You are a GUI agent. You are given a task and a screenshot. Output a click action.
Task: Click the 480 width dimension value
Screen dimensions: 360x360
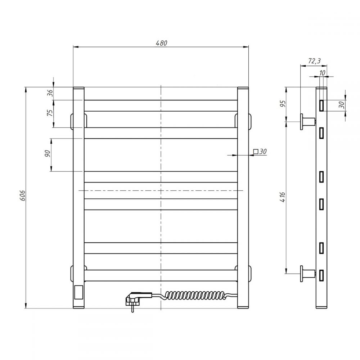(161, 43)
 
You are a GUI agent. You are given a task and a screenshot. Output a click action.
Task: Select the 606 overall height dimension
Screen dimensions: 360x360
(23, 195)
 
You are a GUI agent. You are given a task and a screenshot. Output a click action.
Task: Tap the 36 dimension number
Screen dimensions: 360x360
(50, 93)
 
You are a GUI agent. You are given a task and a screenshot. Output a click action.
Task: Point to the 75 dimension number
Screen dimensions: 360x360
(50, 113)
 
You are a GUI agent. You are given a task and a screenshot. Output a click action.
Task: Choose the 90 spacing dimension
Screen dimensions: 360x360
(47, 153)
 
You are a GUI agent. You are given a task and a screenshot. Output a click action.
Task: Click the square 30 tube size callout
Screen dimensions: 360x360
(260, 152)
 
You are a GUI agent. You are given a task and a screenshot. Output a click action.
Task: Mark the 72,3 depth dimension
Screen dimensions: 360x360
(314, 61)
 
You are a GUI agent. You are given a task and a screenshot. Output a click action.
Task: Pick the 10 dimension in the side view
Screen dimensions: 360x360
(322, 73)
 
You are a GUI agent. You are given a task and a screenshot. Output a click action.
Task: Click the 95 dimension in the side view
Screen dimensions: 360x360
(283, 104)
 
